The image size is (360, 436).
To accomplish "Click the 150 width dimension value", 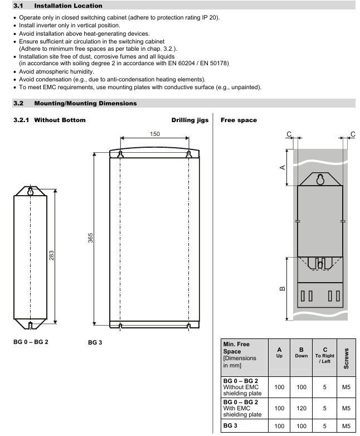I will pos(154,134).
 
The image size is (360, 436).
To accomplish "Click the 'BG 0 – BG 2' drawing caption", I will pos(31,341).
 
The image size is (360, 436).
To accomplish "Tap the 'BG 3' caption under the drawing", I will pos(95,342).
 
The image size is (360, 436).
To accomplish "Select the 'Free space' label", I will pos(239,120).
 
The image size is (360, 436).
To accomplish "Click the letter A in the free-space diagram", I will pos(282,166).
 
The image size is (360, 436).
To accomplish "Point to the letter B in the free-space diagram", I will pos(282,288).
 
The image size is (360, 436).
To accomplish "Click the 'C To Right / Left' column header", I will pos(324,353).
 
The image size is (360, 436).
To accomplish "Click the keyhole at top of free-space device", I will pos(320,180).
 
